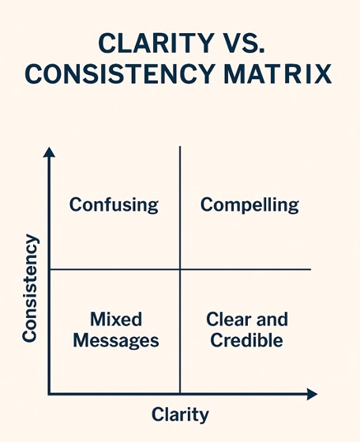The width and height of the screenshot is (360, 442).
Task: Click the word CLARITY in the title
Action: click(x=156, y=43)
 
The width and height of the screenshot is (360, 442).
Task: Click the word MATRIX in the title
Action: click(x=278, y=73)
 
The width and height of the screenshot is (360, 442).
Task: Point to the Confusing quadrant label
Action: click(x=114, y=205)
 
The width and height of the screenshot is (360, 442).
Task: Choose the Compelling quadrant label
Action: click(x=249, y=205)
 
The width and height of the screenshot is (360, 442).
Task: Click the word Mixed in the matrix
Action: click(x=116, y=320)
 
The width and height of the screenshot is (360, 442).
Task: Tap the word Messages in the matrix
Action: click(x=116, y=341)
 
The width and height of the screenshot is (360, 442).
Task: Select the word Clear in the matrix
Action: click(x=229, y=320)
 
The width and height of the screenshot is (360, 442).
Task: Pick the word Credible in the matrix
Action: click(x=246, y=340)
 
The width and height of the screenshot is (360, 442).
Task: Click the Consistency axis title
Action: click(x=30, y=288)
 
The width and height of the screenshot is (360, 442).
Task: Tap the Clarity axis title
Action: click(x=180, y=414)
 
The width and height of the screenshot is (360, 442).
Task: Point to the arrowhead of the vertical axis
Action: click(x=49, y=152)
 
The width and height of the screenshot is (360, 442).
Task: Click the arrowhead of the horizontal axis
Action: click(x=312, y=394)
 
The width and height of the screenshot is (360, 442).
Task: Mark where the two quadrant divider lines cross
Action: click(x=180, y=269)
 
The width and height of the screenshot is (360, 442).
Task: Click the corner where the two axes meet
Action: click(x=50, y=394)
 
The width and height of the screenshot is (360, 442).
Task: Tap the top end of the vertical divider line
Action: click(x=180, y=147)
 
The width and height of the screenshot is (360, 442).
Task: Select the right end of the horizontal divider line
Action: click(x=311, y=269)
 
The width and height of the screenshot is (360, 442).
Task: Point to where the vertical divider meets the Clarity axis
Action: click(x=180, y=393)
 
